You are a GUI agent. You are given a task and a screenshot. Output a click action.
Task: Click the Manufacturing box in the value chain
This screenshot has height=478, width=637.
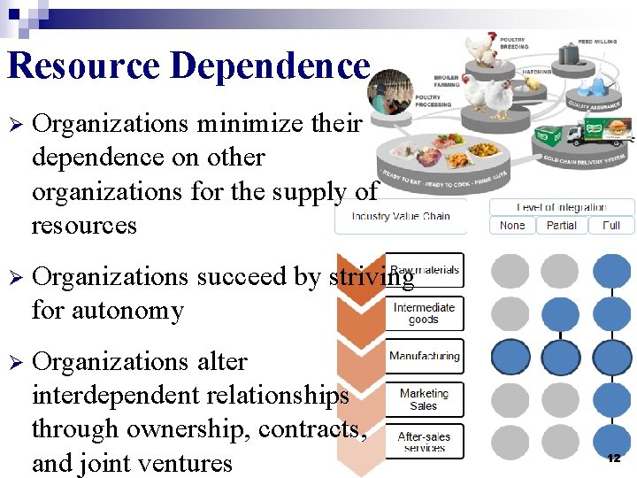point(424,356)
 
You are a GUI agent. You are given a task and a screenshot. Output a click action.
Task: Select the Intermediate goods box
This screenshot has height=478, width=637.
point(424,313)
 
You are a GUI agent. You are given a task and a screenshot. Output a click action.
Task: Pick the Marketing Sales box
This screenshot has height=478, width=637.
point(424,399)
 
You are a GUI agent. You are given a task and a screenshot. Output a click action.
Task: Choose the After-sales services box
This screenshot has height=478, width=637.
point(424,441)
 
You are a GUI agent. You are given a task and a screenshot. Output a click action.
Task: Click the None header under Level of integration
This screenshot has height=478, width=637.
point(511,226)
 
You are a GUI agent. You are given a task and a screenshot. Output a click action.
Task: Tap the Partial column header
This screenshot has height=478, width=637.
point(561,226)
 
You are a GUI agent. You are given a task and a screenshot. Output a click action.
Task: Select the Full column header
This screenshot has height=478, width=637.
point(611,226)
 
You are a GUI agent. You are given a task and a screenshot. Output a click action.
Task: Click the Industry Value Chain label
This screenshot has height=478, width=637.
point(400,217)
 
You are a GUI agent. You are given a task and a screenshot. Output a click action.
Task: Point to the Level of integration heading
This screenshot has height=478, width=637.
point(561,207)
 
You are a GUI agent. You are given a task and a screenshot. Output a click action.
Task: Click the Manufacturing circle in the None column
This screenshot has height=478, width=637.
point(510,357)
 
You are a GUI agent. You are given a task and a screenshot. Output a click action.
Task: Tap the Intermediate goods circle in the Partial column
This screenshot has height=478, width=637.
point(560,313)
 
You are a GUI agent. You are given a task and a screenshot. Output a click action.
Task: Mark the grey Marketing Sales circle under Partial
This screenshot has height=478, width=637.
point(560,399)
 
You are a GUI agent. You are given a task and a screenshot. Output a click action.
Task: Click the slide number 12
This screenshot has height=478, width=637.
point(614,458)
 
